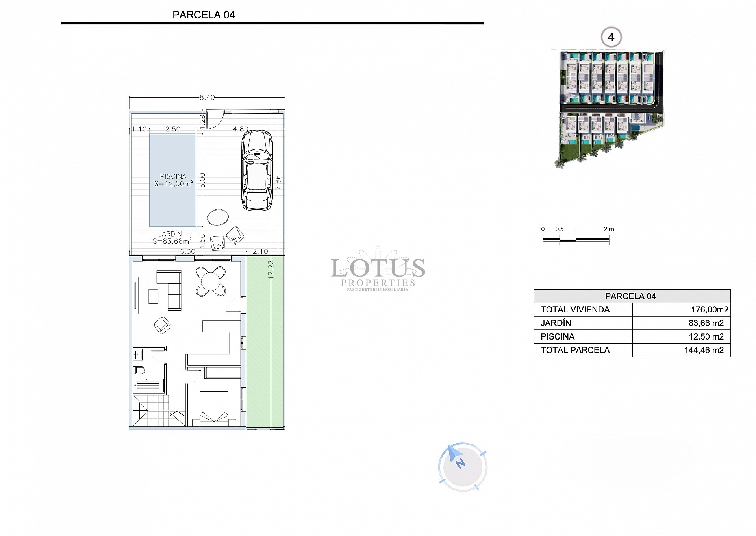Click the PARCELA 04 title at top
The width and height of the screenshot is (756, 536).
point(204,15)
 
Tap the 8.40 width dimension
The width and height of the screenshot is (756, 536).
point(207,98)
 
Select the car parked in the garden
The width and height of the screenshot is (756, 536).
point(257,170)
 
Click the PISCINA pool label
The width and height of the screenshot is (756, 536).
point(173,177)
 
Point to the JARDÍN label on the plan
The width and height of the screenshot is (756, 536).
point(170,234)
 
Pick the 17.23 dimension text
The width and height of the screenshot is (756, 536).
point(271,270)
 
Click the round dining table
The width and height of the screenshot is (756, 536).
point(211,281)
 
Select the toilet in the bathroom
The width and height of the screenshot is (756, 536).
point(139,370)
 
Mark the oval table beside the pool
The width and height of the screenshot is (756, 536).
point(218,217)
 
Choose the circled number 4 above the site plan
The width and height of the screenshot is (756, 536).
point(611,37)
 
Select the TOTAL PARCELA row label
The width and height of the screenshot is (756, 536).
point(575,350)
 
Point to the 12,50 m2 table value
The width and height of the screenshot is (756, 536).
point(706,337)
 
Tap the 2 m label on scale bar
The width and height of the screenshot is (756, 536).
point(609,229)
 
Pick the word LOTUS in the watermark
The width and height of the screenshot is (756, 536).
point(378,268)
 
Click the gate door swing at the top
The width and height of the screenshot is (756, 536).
point(215,120)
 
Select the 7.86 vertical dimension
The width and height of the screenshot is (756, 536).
point(278,183)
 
